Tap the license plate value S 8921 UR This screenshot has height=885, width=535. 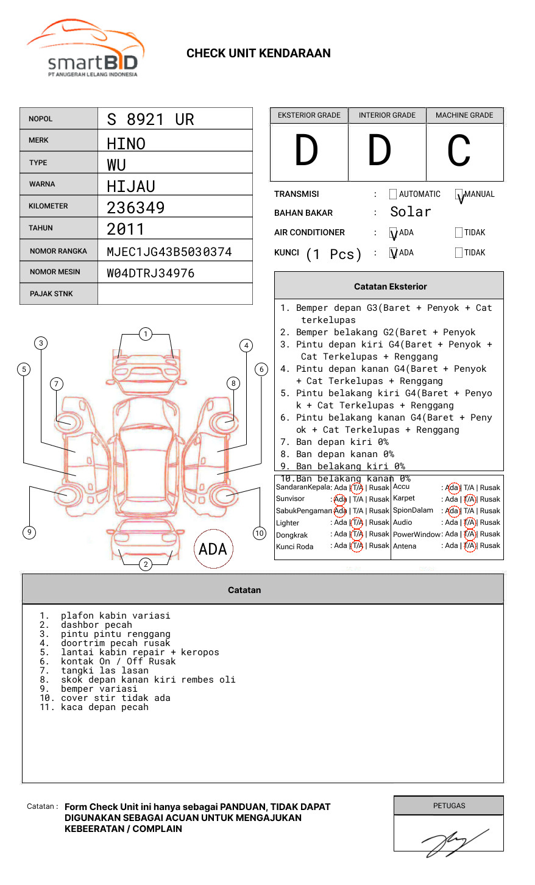point(150,119)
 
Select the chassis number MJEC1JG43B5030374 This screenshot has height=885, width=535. point(169,252)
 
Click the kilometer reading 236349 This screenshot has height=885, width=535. point(135,208)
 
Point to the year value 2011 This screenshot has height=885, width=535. point(126,229)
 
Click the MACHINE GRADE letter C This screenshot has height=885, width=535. point(459,151)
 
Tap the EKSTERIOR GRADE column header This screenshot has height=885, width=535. point(309,115)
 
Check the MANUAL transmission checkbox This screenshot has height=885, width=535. point(459,194)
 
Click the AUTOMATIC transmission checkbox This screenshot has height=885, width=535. point(393,194)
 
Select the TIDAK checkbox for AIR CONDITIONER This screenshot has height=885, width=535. point(459,233)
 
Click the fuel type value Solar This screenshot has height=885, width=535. point(410,212)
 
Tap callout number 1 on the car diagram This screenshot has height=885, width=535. point(145,334)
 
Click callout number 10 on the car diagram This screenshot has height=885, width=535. point(260,533)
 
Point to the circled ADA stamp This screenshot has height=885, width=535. point(213,549)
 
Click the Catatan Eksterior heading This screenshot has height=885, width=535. point(390,286)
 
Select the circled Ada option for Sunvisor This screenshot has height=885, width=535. point(340,499)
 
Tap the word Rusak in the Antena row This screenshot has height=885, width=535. point(490,546)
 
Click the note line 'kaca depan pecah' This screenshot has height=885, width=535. point(104,707)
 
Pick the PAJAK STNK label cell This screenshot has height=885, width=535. point(51,294)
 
